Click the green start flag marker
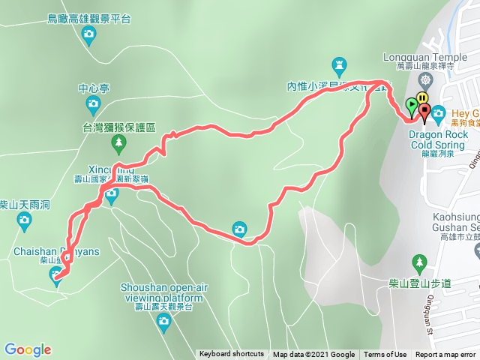coord(410,105)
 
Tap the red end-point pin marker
coord(425,112)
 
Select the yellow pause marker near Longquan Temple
coord(423,97)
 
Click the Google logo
coord(27,349)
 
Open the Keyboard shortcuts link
coord(232,355)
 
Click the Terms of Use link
coord(385,355)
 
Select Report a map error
coord(445,355)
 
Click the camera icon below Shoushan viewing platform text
coord(163,322)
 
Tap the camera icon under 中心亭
coord(94,103)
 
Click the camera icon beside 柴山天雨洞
coord(25,220)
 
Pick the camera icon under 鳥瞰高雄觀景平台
coord(89,33)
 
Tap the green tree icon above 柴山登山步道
coord(419,262)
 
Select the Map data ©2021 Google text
coord(313,355)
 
